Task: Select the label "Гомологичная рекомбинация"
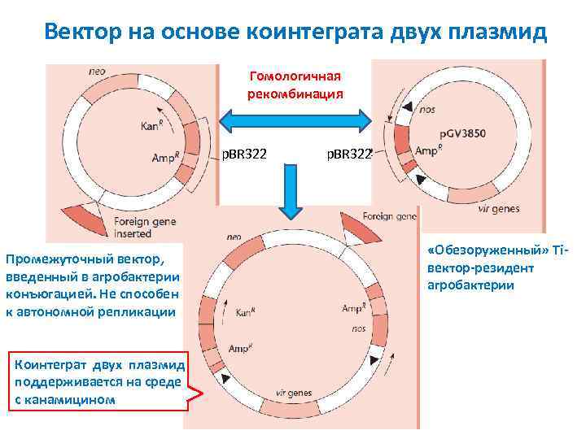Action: click(x=295, y=85)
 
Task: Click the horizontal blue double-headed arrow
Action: click(x=295, y=121)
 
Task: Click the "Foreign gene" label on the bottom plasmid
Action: click(x=390, y=217)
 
